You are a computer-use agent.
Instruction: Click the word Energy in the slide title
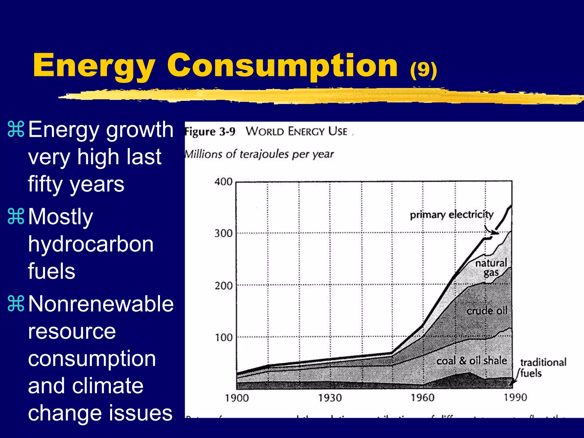tap(94, 66)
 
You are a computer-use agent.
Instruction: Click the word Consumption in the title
tap(282, 66)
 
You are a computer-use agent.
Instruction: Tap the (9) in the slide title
tap(423, 70)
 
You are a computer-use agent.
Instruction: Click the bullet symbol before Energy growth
tap(16, 130)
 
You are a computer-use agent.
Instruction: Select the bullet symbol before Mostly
tap(16, 217)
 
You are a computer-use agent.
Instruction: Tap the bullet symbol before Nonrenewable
tap(16, 304)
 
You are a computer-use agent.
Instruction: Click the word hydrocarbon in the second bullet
tap(91, 244)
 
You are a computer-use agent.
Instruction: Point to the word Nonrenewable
tap(101, 304)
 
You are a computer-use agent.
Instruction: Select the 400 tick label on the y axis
tap(223, 182)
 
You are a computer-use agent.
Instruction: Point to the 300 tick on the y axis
tap(223, 234)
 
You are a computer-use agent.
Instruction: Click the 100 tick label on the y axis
tap(223, 338)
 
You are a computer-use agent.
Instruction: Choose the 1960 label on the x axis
tap(422, 398)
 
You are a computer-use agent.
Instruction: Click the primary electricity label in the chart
tap(451, 214)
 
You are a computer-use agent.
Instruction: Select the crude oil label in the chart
tap(487, 311)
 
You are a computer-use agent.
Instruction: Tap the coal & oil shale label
tap(472, 361)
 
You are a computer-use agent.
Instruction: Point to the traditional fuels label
tap(543, 368)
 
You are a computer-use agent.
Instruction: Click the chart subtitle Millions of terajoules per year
tap(259, 154)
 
